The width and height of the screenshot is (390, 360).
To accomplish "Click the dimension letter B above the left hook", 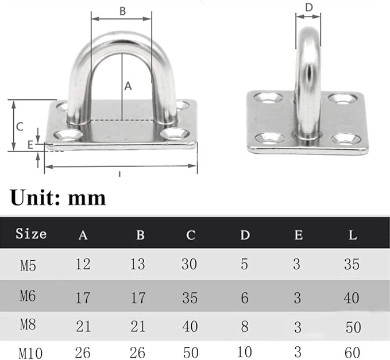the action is [122, 11].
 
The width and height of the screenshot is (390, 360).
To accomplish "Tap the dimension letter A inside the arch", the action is [128, 86].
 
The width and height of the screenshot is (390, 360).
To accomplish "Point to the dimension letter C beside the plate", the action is [20, 126].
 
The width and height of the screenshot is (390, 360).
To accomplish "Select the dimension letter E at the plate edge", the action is [30, 145].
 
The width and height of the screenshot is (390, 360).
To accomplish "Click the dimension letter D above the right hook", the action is [308, 7].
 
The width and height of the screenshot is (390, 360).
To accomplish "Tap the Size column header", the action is [31, 234].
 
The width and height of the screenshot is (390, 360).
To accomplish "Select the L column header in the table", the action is [353, 235].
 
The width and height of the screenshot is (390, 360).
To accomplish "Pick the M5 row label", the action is [28, 265].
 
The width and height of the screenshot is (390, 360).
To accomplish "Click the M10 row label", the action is [30, 353].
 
